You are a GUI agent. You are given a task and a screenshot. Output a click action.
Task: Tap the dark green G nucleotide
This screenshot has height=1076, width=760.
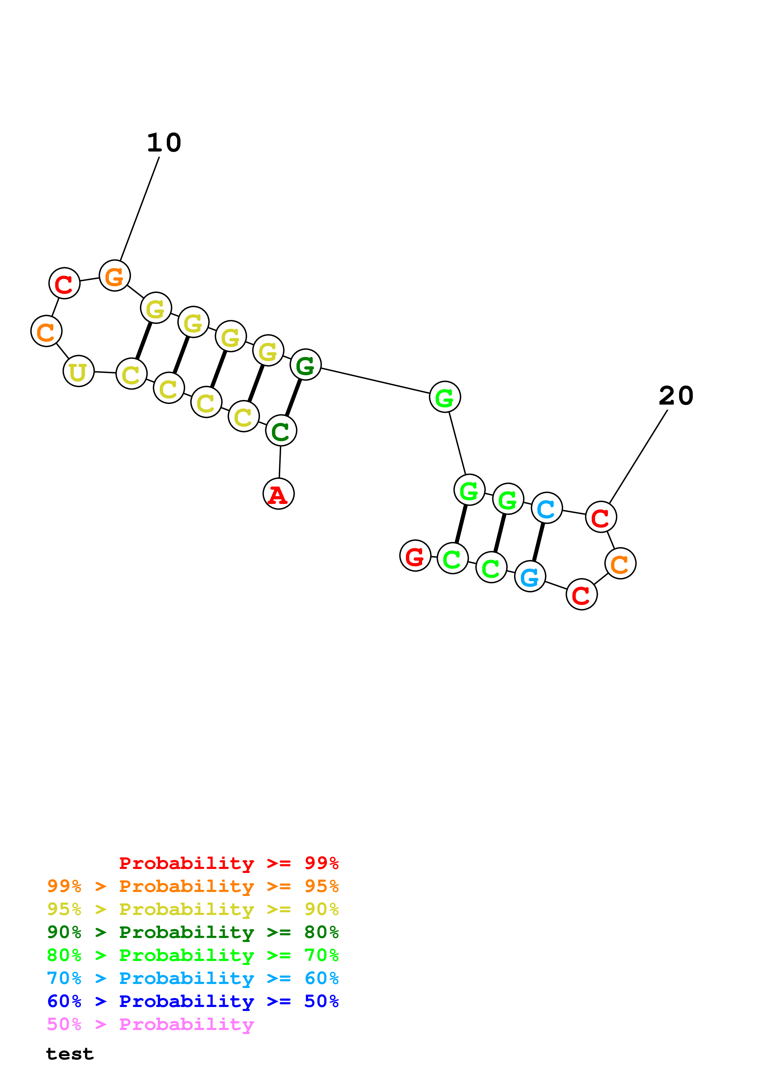305,365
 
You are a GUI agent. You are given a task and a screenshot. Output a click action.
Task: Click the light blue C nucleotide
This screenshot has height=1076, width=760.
546,508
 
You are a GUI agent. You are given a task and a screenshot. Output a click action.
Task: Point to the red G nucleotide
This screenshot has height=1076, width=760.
415,555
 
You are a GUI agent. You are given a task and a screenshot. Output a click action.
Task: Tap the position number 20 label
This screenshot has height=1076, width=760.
676,396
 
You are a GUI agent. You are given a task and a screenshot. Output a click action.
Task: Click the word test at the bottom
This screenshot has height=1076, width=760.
70,1054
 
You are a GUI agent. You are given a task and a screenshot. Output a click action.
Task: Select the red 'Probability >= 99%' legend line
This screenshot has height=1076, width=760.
228,863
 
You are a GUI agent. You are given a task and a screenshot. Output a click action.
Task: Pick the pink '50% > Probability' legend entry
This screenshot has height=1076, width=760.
150,1024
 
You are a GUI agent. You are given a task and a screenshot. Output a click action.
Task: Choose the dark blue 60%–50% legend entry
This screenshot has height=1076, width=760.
193,1001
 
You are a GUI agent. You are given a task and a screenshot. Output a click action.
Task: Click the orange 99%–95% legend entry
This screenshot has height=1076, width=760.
193,886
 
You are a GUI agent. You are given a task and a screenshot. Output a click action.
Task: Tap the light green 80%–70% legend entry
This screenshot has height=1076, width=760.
193,955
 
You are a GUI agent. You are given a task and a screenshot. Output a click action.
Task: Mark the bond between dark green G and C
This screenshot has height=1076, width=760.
293,398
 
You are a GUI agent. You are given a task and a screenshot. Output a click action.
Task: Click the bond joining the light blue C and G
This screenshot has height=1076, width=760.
539,542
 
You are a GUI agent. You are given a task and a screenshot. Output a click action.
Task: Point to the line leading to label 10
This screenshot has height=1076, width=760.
139,209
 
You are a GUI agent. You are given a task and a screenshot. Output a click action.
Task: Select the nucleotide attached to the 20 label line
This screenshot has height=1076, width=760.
601,517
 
